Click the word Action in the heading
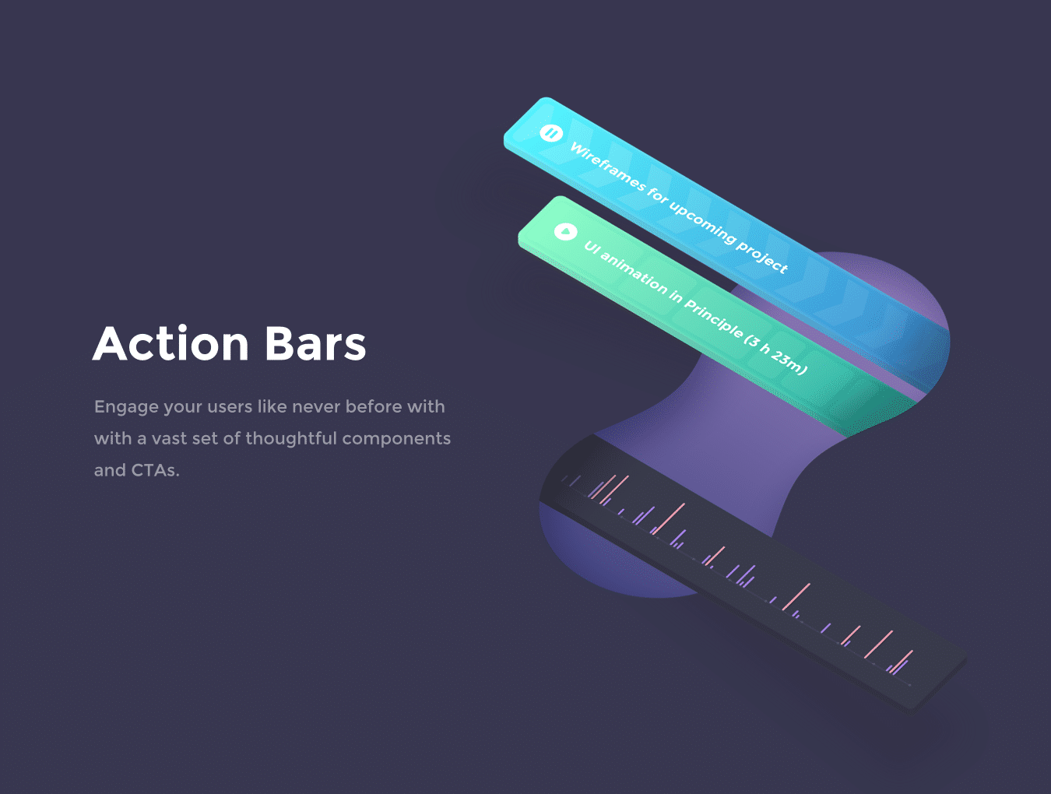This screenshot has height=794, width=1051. coord(171,343)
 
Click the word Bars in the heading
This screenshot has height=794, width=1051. coord(315,343)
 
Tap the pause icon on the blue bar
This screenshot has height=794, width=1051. coord(551,132)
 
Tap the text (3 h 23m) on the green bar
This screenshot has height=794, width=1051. coord(776,353)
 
